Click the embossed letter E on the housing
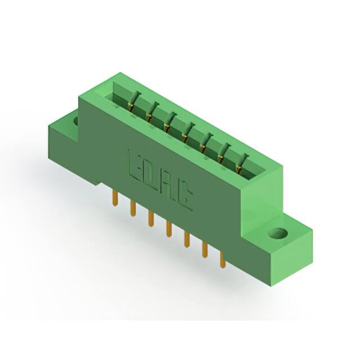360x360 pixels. coord(136,165)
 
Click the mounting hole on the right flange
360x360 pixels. coord(276,232)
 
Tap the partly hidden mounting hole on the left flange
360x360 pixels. coord(74,119)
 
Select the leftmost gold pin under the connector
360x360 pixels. coord(115,199)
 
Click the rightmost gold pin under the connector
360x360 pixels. coord(222,259)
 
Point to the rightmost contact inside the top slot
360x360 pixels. coord(242,165)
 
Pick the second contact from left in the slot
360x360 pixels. coord(151,114)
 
